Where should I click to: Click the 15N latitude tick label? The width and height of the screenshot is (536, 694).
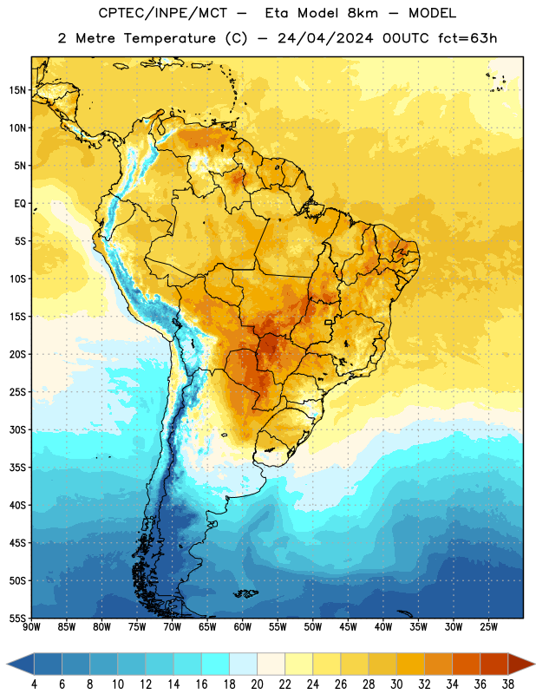coord(17,90)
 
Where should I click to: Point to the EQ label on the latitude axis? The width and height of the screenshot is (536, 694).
coord(20,204)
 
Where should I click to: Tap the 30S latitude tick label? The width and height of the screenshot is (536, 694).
coord(17,429)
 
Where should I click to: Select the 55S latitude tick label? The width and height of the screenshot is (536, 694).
coord(17,618)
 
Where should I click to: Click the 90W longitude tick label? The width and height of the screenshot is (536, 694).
coord(31,626)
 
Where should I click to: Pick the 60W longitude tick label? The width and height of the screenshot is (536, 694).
coord(243,626)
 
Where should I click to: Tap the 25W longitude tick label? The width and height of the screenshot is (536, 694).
coord(488,626)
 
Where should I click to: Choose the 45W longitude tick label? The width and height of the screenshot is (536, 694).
coord(348,626)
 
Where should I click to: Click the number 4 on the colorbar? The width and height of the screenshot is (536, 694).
coord(34,684)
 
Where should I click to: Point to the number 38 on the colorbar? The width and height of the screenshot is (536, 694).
coord(508,684)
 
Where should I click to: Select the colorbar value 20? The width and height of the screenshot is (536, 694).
coord(257,684)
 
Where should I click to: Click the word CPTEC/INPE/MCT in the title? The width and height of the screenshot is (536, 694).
coord(162,13)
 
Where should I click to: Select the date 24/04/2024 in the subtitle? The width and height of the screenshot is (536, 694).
coord(325,38)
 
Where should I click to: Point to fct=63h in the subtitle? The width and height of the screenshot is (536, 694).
coord(467,38)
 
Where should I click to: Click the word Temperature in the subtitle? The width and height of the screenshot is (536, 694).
coord(169,38)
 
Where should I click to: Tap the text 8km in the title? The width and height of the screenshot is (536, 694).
coord(363,13)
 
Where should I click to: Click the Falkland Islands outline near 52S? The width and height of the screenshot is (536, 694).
coord(245,593)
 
